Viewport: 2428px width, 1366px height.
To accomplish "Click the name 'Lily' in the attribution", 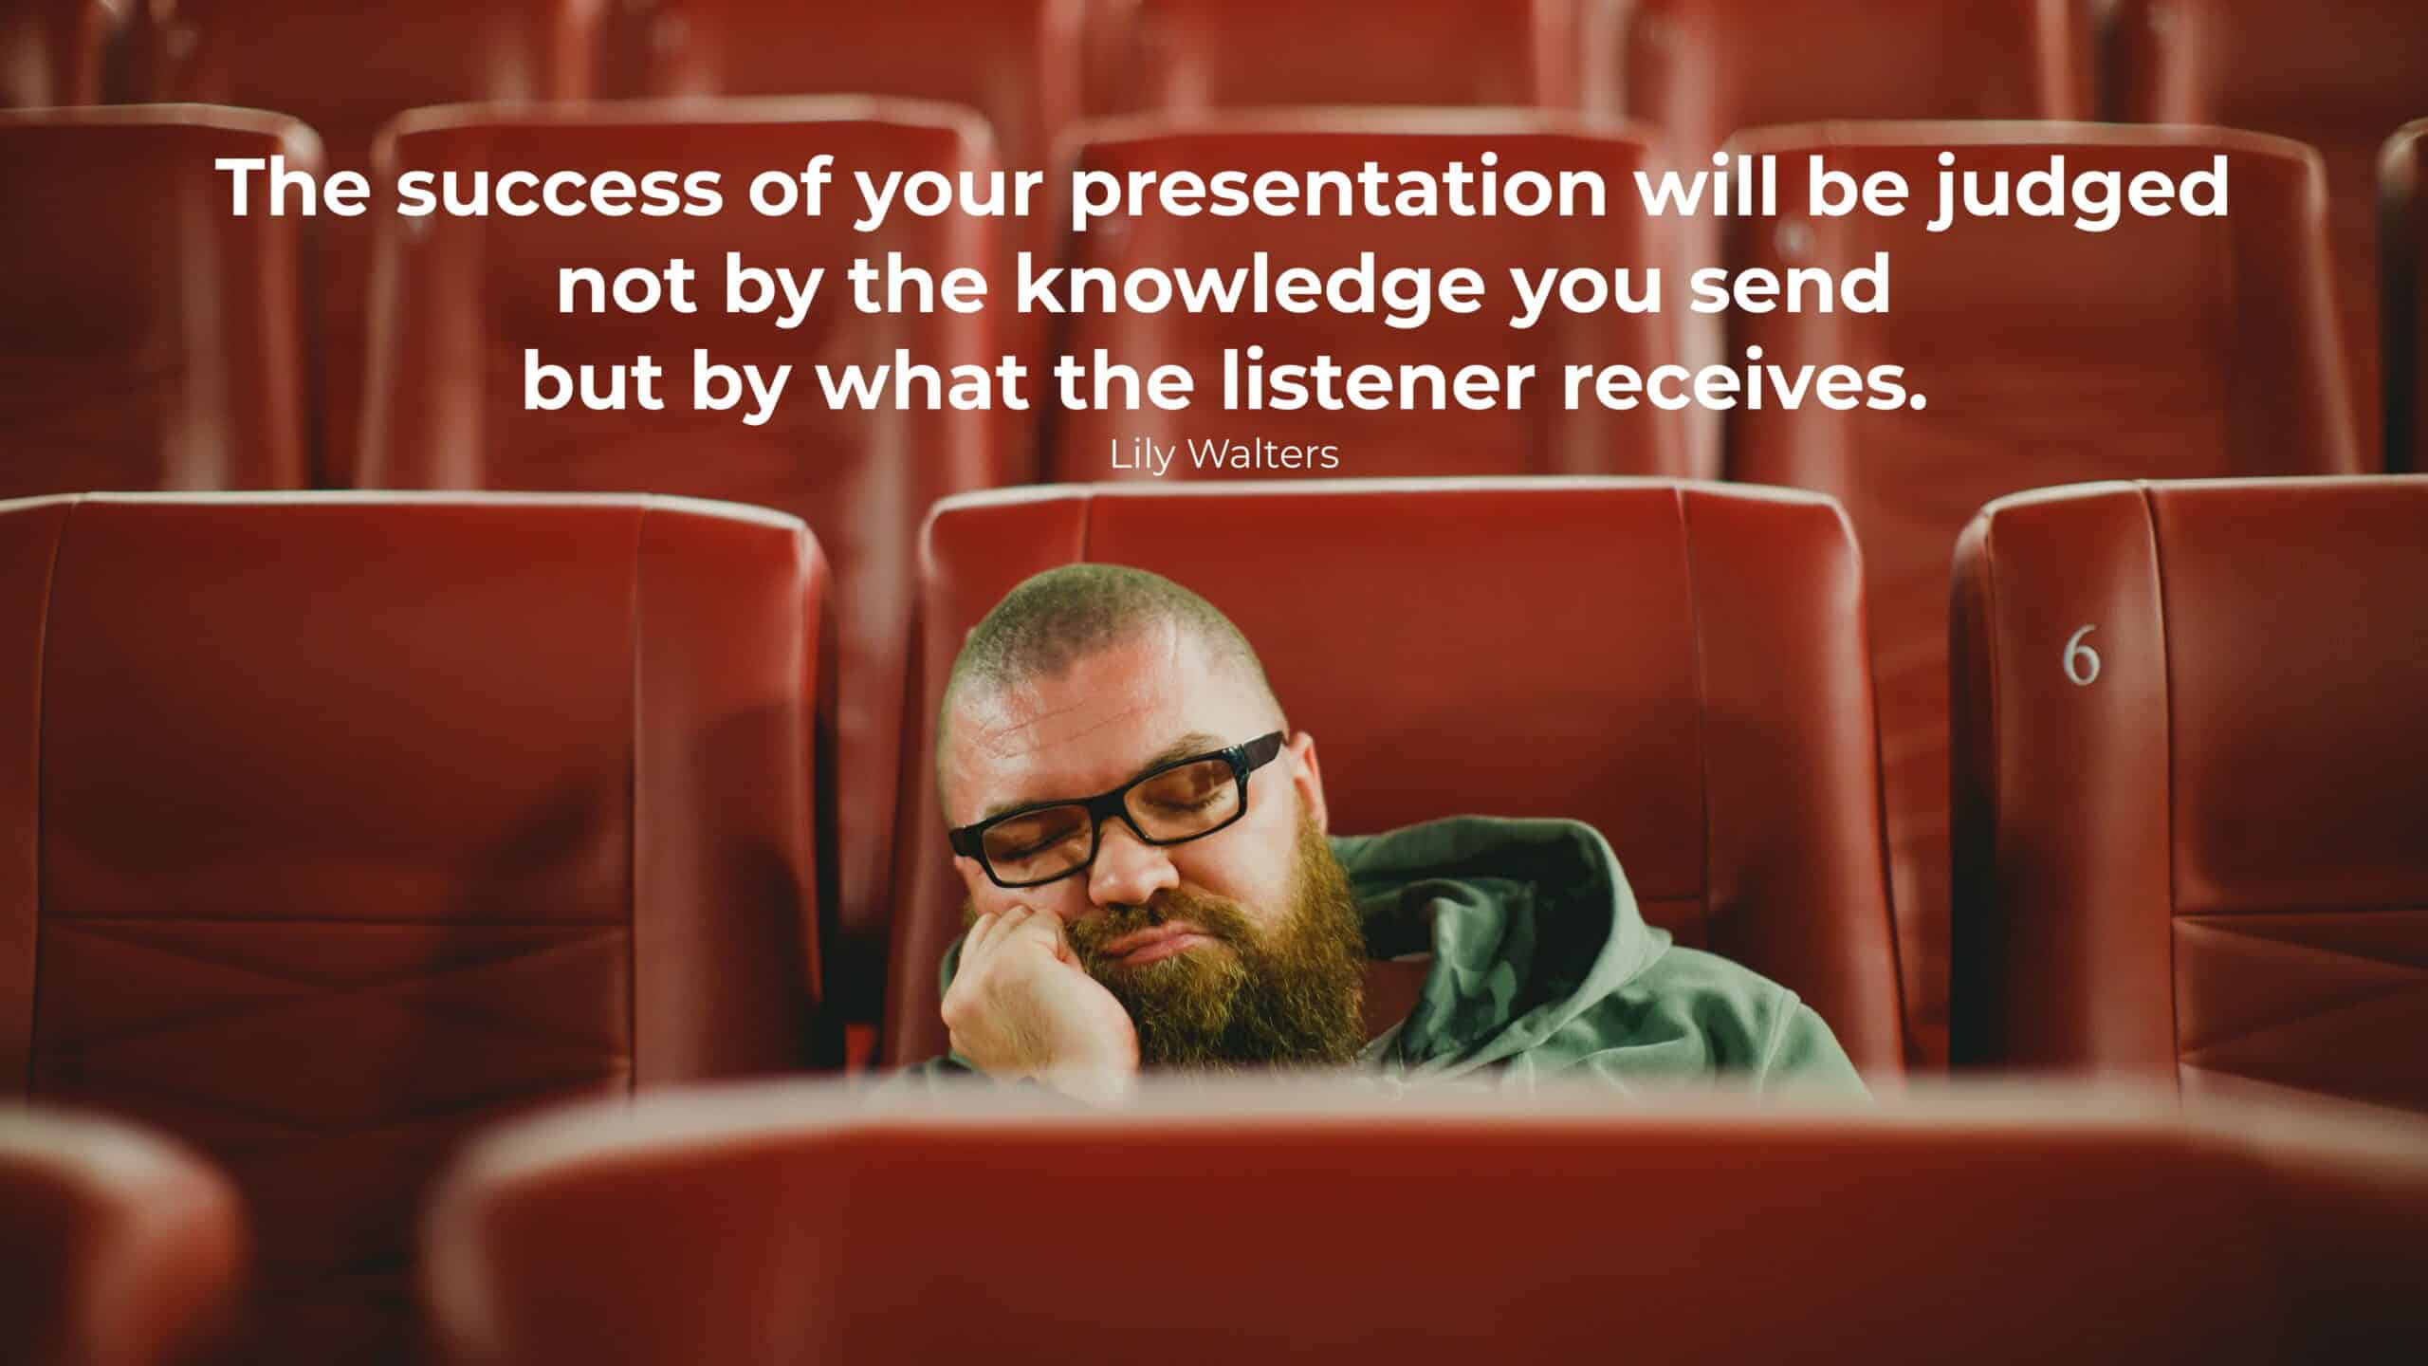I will pos(1142,455).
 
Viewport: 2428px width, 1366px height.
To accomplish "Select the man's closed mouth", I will pos(1152,968).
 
